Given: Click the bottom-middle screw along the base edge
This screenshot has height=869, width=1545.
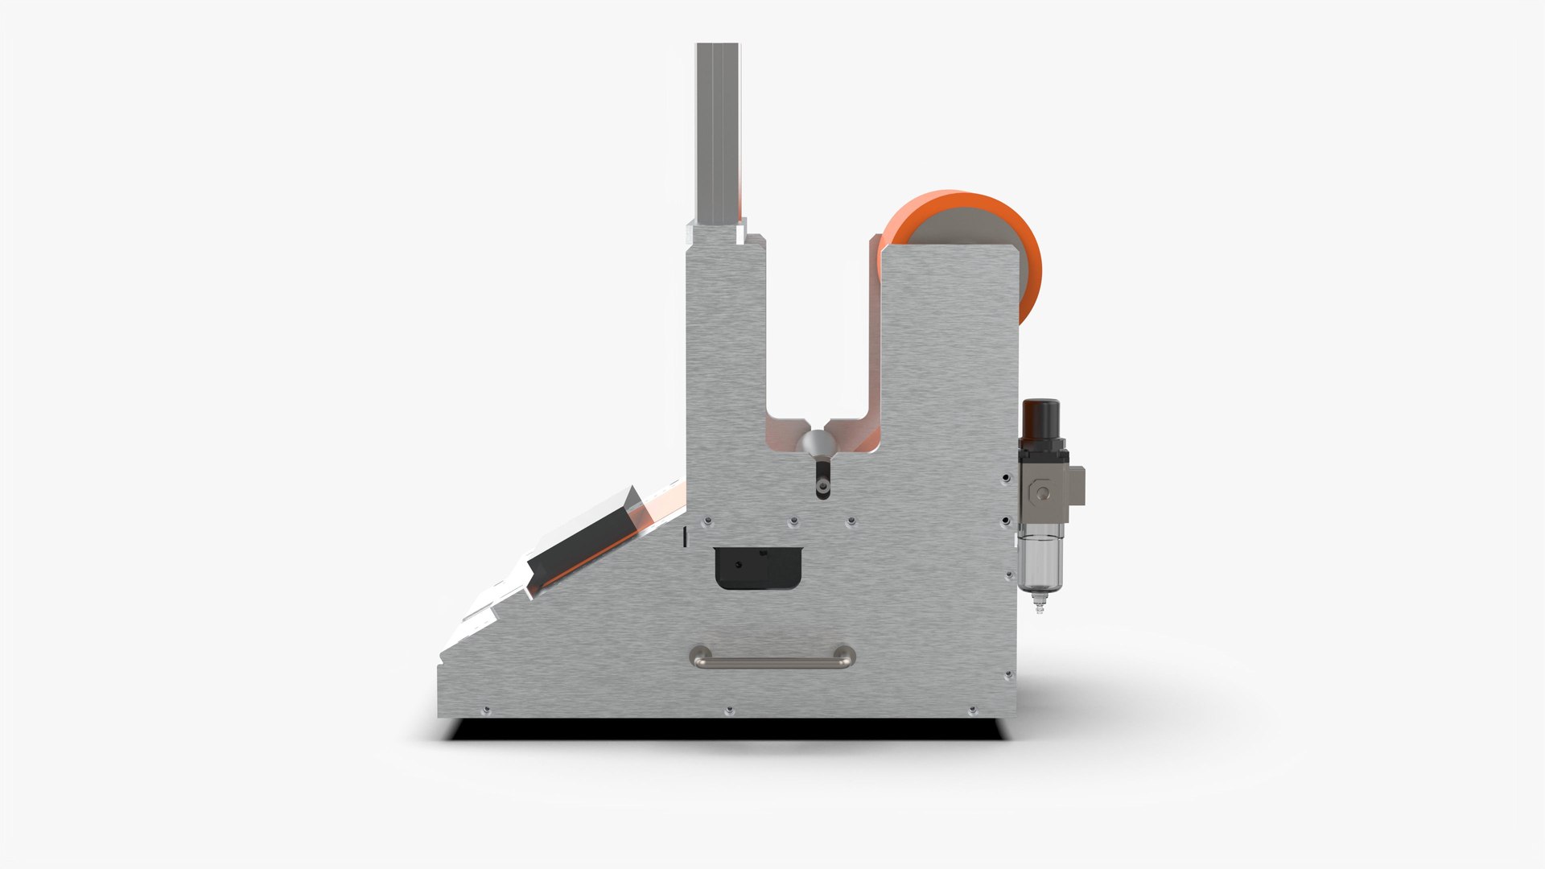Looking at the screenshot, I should tap(729, 710).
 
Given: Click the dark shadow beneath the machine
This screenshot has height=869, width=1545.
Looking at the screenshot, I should tap(724, 730).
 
